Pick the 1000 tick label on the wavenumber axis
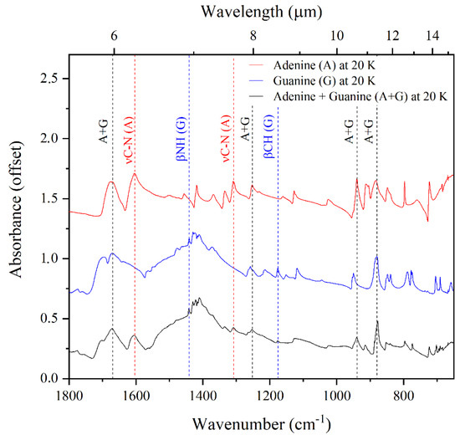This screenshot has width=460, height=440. click(x=337, y=392)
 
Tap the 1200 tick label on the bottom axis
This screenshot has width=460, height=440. click(x=269, y=392)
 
